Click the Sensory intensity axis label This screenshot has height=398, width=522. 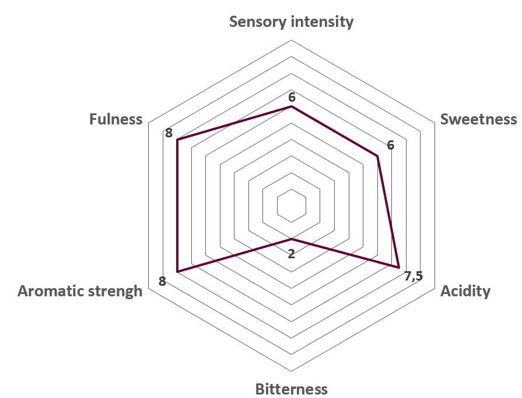point(291,22)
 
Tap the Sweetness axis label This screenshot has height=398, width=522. point(478,119)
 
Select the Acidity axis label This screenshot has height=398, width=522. point(465,291)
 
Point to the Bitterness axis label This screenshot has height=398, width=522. point(291,389)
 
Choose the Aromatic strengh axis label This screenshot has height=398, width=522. point(80,291)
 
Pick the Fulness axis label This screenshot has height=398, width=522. point(115,119)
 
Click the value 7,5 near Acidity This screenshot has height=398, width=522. point(414,276)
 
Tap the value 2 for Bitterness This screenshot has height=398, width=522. point(291,254)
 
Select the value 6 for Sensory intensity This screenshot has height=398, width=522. point(292,98)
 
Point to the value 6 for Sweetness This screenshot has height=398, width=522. point(391,145)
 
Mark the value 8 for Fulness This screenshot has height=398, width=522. point(169,133)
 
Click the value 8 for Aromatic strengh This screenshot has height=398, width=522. point(162,281)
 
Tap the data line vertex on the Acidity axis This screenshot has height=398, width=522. point(399,268)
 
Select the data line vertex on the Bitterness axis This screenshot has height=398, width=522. point(291,239)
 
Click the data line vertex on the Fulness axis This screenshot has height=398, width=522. point(177,140)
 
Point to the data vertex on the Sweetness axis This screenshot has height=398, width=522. point(377,156)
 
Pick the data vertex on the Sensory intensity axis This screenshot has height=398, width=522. point(291,106)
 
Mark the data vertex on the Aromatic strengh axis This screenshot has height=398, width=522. point(177,272)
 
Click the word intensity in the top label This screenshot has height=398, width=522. point(323,22)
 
